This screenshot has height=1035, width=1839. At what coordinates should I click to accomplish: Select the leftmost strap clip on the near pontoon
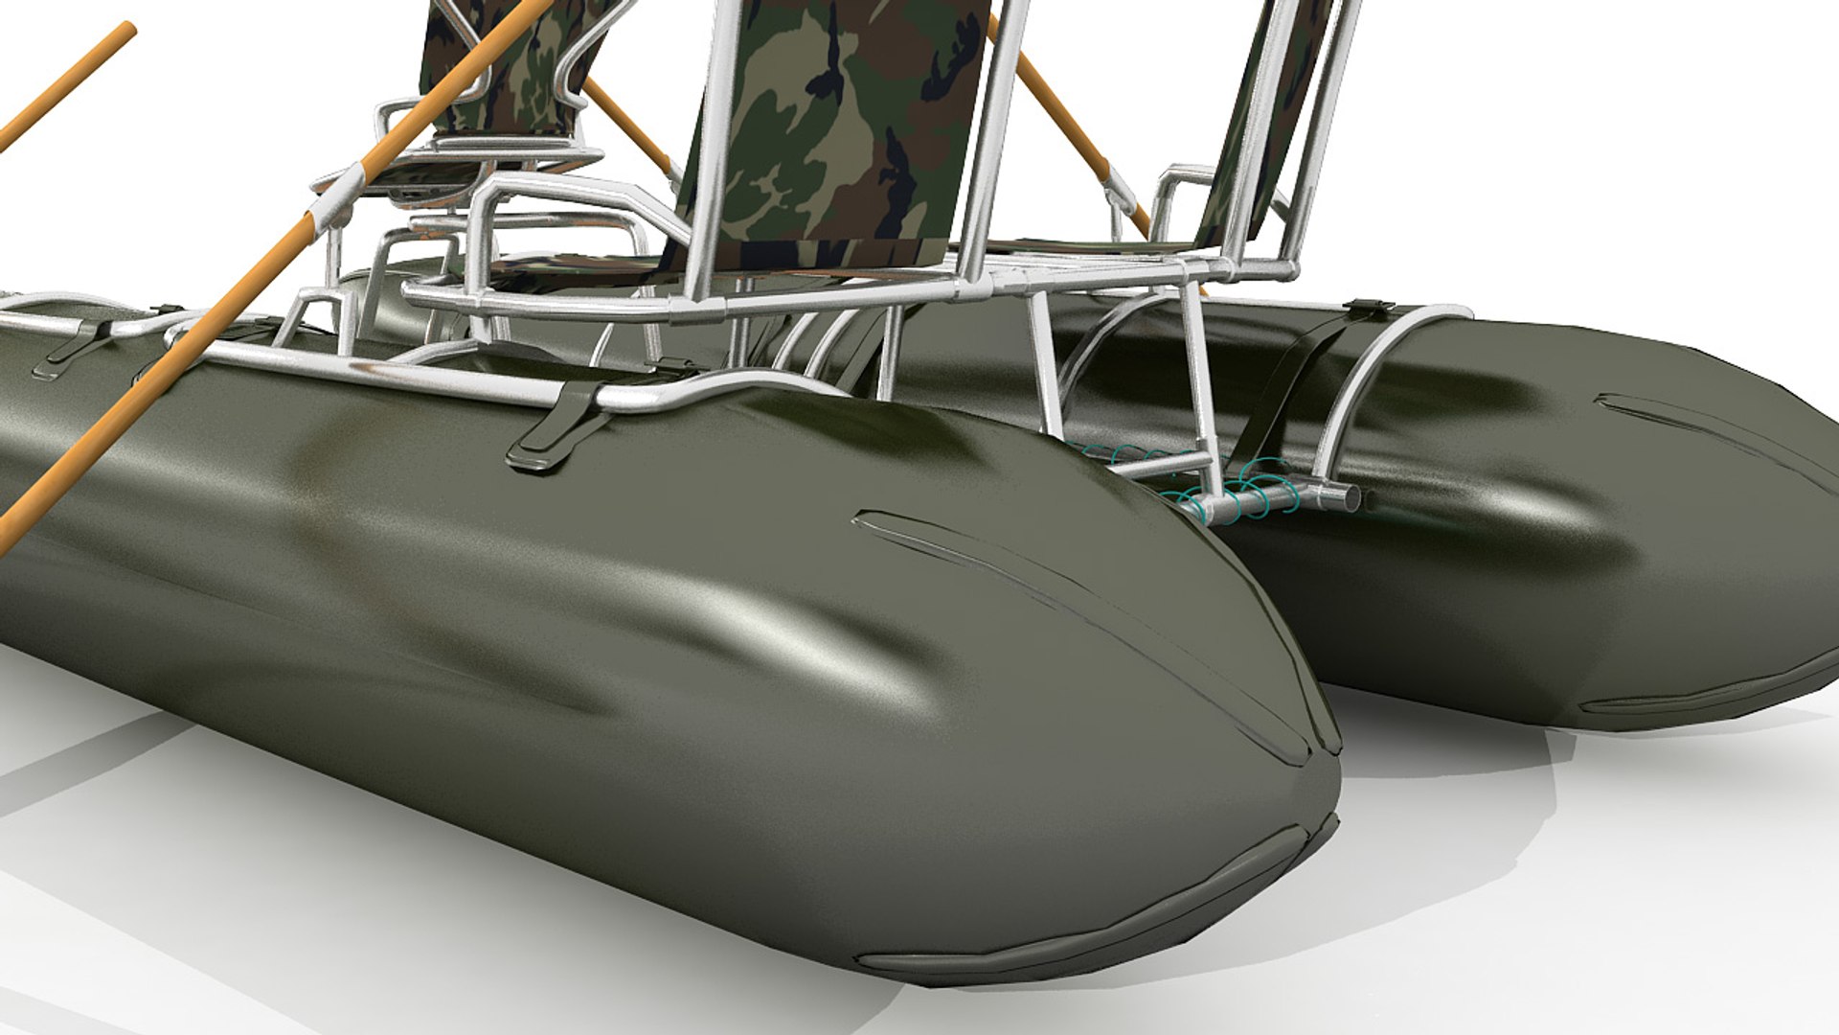pos(72,345)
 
